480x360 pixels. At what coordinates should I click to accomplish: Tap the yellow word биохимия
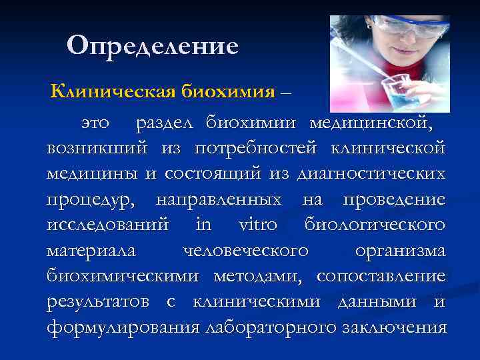click(227, 91)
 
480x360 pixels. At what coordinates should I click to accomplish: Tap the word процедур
click(93, 199)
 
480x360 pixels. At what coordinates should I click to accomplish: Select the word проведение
click(394, 199)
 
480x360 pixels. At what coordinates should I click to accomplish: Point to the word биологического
click(375, 225)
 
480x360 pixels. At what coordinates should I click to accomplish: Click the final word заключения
click(393, 327)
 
